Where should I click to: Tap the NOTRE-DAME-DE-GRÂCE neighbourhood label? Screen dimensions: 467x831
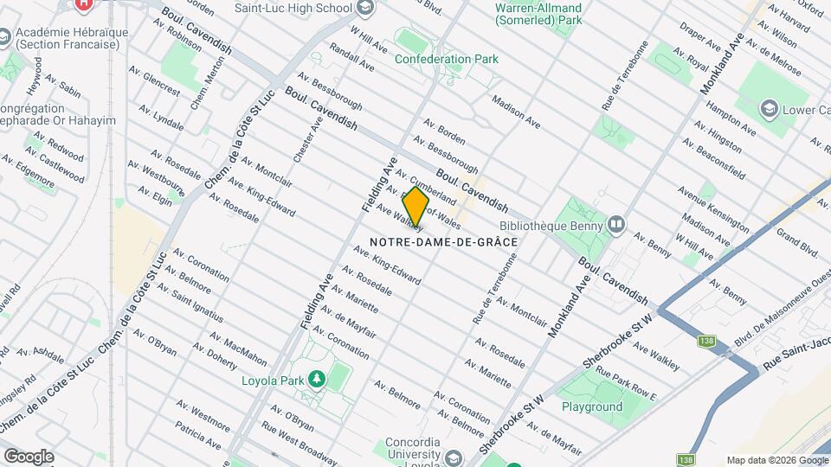(x=443, y=242)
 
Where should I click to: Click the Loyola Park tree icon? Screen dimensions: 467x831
(x=317, y=379)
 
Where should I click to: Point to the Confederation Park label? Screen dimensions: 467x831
(x=446, y=60)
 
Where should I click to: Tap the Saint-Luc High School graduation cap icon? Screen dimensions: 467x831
(x=365, y=8)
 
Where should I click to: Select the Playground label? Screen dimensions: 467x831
(x=591, y=406)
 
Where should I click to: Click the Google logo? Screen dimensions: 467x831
(x=29, y=456)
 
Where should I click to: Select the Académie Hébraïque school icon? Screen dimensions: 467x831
(x=6, y=37)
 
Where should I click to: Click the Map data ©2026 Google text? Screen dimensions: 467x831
(x=776, y=460)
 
